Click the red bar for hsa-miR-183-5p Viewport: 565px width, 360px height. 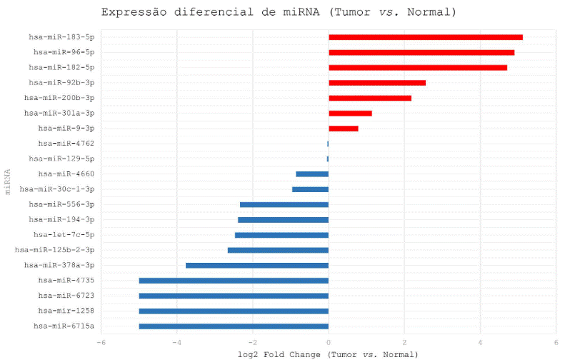click(426, 37)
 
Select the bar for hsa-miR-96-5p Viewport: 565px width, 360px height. click(421, 52)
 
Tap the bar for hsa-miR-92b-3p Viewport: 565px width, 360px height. click(377, 83)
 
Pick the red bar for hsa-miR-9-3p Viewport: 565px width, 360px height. click(344, 129)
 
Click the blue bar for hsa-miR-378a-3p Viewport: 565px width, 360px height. click(257, 266)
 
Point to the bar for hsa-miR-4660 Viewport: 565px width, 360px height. click(312, 174)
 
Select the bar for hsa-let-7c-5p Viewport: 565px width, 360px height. click(281, 235)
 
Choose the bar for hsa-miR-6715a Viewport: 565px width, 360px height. click(234, 326)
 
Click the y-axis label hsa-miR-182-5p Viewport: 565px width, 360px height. click(61, 67)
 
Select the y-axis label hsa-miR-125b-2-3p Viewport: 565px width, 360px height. click(54, 250)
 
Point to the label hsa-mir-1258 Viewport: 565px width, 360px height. click(66, 311)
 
